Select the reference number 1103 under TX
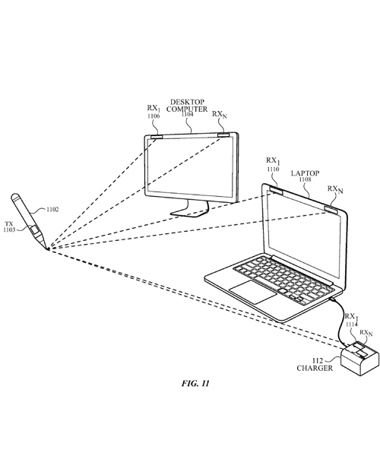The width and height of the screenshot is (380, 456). [11, 230]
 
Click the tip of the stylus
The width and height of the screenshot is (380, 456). [46, 248]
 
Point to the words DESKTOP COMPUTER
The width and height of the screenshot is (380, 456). [187, 106]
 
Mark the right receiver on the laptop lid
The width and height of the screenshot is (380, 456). [331, 207]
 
